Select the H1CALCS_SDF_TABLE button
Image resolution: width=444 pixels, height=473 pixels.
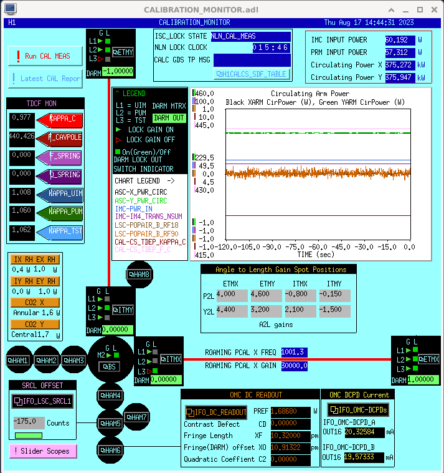pyautogui.click(x=251, y=74)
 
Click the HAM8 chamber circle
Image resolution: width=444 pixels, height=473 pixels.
pyautogui.click(x=138, y=274)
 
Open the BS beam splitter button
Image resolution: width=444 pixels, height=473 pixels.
pyautogui.click(x=110, y=366)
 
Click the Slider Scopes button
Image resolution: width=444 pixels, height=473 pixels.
pyautogui.click(x=44, y=451)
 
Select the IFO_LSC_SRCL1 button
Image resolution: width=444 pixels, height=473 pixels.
pyautogui.click(x=43, y=401)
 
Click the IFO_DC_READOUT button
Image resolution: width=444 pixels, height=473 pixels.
pyautogui.click(x=216, y=412)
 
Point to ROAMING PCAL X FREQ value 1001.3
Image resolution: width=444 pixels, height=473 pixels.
pyautogui.click(x=294, y=353)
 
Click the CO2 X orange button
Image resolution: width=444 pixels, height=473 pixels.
pyautogui.click(x=35, y=303)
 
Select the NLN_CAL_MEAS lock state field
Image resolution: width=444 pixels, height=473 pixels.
pyautogui.click(x=250, y=36)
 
